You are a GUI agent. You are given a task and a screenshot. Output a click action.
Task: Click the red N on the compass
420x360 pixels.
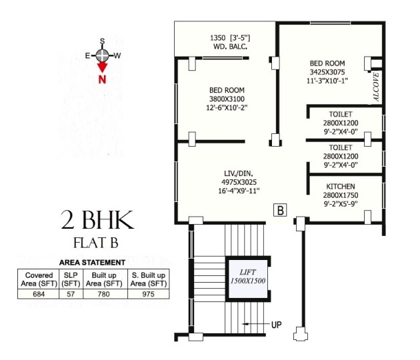[x=102, y=79]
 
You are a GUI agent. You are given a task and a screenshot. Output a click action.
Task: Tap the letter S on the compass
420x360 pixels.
[x=102, y=41]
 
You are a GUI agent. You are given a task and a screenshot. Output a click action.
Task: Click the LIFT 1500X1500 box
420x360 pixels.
[x=248, y=277]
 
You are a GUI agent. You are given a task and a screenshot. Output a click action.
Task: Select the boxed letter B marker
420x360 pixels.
[x=281, y=211]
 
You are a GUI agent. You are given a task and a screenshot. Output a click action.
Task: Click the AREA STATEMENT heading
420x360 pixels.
[x=92, y=263]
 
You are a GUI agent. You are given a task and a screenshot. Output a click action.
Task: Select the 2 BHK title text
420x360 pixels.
[x=97, y=219]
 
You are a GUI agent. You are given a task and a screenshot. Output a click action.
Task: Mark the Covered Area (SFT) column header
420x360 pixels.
[x=39, y=279]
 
